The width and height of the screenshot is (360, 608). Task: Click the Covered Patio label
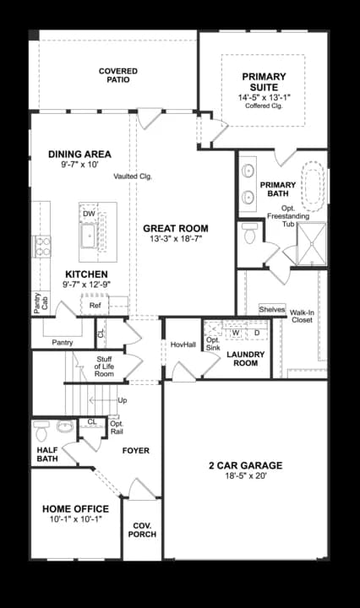pos(117,76)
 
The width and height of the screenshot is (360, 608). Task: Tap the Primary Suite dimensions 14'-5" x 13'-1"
pos(264,96)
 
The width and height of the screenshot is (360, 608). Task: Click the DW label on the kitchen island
pos(89,214)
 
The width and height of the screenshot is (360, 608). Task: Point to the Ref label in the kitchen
pos(95,306)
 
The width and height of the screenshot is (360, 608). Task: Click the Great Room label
pos(176,228)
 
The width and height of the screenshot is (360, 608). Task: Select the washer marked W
pos(236,333)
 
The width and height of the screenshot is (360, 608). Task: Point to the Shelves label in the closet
pos(272,309)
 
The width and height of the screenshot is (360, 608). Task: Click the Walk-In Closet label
pos(302,316)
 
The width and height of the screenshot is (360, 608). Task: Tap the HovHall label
pos(183,345)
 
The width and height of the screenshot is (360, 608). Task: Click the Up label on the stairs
pos(123,399)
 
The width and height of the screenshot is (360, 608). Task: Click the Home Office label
pos(75,508)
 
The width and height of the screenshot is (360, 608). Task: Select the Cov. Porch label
pos(142,529)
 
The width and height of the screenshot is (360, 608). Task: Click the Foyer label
pos(135,451)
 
